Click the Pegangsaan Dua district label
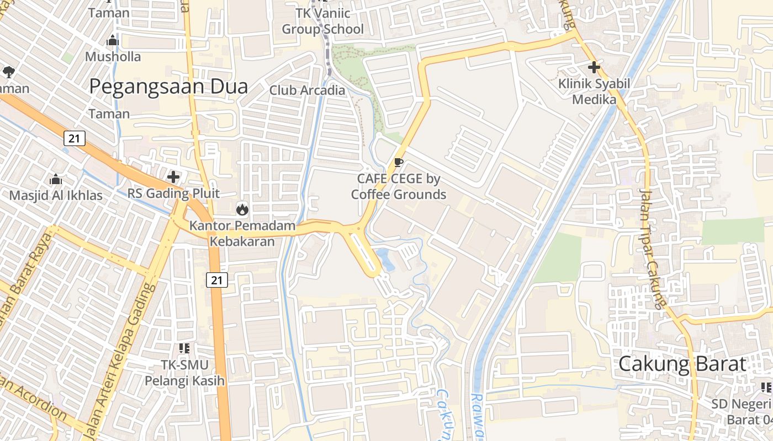click(x=168, y=87)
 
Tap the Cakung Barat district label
click(x=682, y=364)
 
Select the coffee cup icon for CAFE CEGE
click(x=399, y=162)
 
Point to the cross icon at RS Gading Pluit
click(x=173, y=177)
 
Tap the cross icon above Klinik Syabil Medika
click(x=594, y=68)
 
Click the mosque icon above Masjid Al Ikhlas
click(x=56, y=179)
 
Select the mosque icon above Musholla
click(x=113, y=40)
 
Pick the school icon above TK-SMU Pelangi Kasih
click(x=184, y=348)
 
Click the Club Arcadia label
click(x=307, y=90)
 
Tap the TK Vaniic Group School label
click(x=323, y=22)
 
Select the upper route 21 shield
click(x=75, y=138)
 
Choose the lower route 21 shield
click(x=217, y=280)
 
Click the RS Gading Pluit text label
click(x=173, y=193)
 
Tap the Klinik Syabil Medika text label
click(x=594, y=92)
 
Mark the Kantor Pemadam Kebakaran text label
click(x=242, y=234)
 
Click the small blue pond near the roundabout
click(x=385, y=259)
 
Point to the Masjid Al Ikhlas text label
click(x=56, y=196)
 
